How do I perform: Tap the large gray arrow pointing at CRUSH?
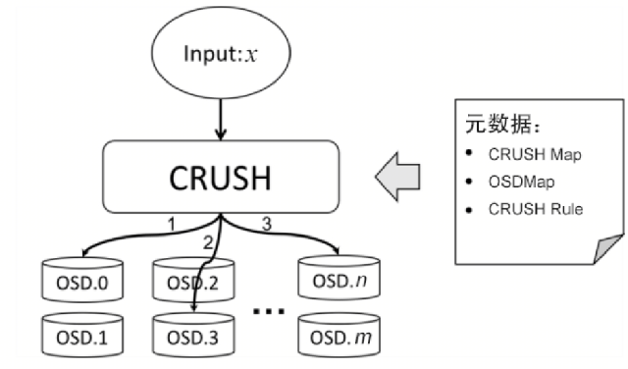pos(397,178)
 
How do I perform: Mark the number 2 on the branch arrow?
pos(208,239)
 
